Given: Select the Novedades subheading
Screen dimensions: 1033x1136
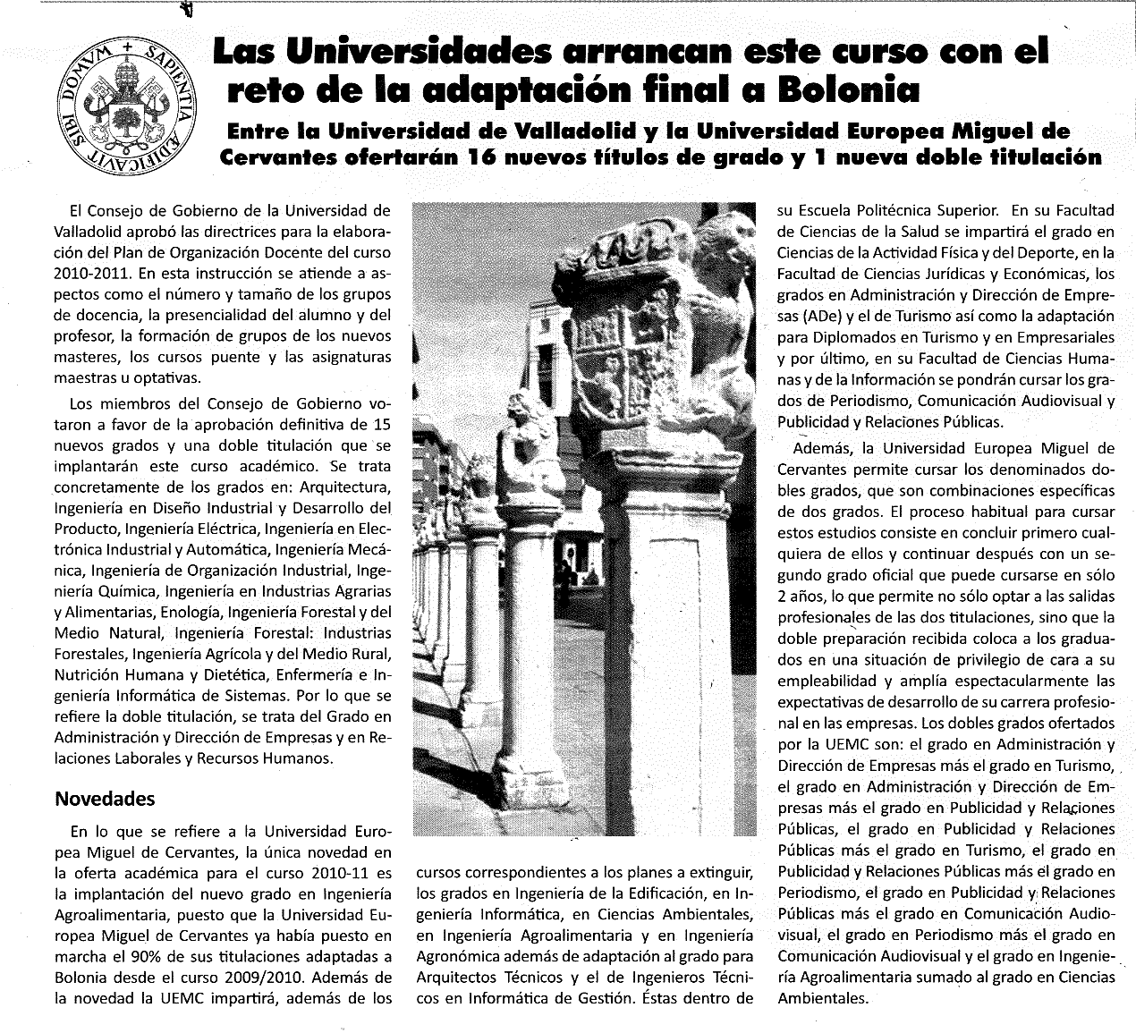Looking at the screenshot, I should point(106,799).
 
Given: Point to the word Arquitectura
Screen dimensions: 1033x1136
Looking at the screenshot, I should point(345,488).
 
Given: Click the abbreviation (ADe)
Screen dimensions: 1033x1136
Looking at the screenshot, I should point(823,317).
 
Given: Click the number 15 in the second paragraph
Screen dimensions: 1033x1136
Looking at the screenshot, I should point(382,424).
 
